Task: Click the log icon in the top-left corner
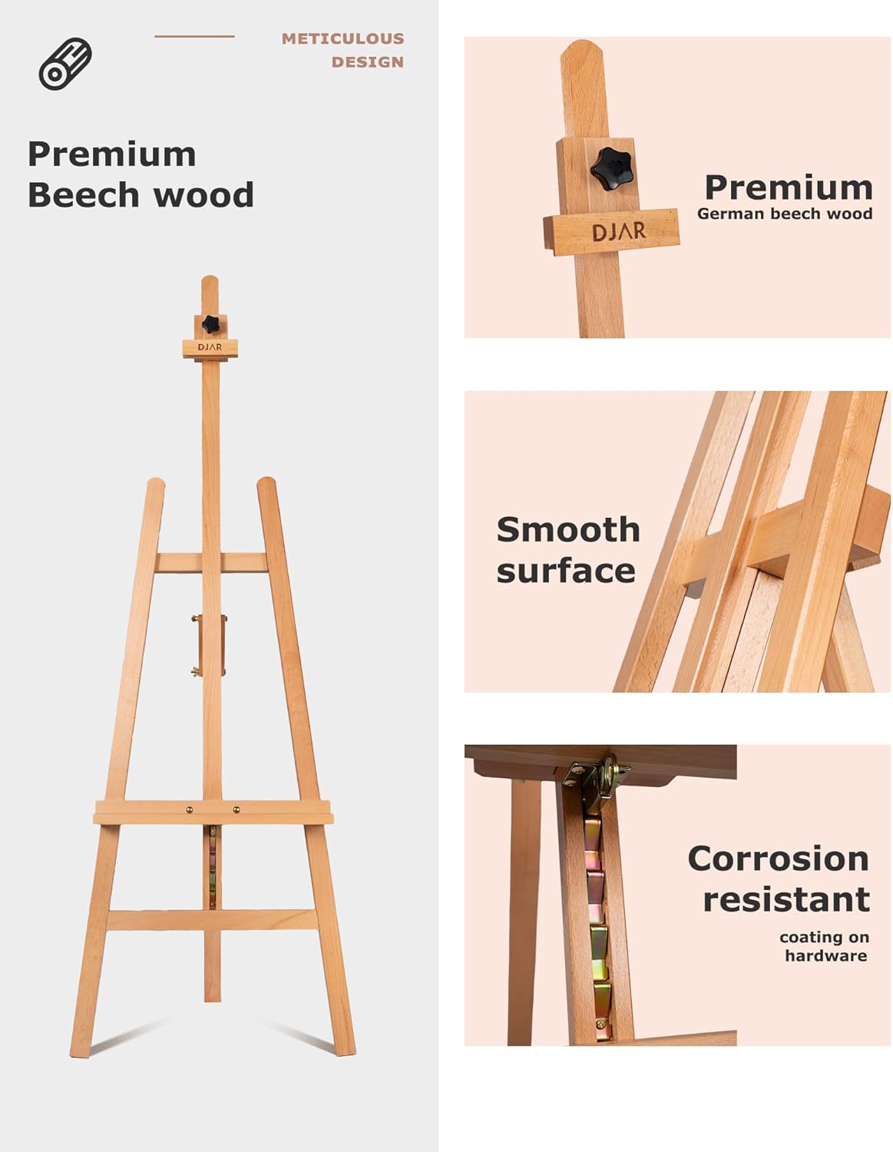pyautogui.click(x=65, y=64)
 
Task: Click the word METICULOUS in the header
pyautogui.click(x=342, y=38)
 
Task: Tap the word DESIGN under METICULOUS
pyautogui.click(x=367, y=62)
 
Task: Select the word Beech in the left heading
pyautogui.click(x=84, y=195)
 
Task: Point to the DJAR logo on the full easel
pyautogui.click(x=210, y=347)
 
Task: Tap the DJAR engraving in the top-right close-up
pyautogui.click(x=618, y=230)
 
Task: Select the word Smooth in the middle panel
pyautogui.click(x=567, y=530)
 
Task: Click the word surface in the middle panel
pyautogui.click(x=566, y=571)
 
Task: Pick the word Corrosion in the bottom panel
pyautogui.click(x=778, y=859)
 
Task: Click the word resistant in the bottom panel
pyautogui.click(x=786, y=899)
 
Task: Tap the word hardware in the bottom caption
pyautogui.click(x=825, y=956)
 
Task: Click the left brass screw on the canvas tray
pyautogui.click(x=187, y=809)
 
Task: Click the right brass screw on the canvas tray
pyautogui.click(x=236, y=809)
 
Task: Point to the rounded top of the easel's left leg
pyautogui.click(x=155, y=485)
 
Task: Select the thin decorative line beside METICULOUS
pyautogui.click(x=194, y=36)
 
